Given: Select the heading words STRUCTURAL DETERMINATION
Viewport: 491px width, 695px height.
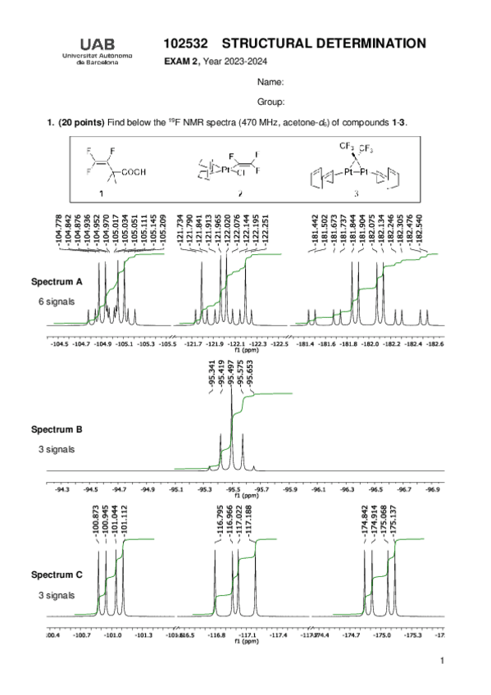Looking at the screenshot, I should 324,43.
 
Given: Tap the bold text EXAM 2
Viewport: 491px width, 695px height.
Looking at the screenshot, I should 181,61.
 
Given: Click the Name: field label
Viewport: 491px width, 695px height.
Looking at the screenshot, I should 270,83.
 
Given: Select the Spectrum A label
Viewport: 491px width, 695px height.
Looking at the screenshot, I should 57,281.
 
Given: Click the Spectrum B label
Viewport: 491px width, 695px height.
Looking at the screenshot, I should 57,429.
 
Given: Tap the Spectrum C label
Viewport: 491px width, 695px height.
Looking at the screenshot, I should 57,575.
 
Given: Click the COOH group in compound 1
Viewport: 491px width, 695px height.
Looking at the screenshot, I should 132,171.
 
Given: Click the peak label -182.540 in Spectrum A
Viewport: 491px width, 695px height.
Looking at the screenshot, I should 419,232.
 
